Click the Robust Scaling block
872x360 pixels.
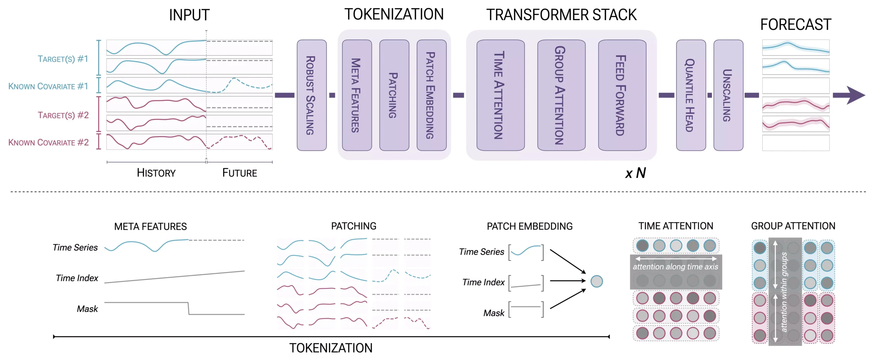pyautogui.click(x=311, y=95)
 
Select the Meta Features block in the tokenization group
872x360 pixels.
pyautogui.click(x=357, y=95)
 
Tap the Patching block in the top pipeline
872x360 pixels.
pyautogui.click(x=394, y=95)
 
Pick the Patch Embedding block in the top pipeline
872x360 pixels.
pyautogui.click(x=431, y=95)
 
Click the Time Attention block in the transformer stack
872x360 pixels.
pyautogui.click(x=500, y=95)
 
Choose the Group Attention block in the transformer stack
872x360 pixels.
pyautogui.click(x=561, y=95)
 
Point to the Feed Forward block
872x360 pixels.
pyautogui.click(x=622, y=95)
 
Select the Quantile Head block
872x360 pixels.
pyautogui.click(x=690, y=95)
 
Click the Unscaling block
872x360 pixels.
pyautogui.click(x=728, y=95)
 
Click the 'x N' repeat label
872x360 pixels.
pyautogui.click(x=636, y=173)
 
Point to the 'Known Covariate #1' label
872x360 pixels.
pyautogui.click(x=48, y=86)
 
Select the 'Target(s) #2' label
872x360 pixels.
pyautogui.click(x=63, y=115)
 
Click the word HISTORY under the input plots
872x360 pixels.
pyautogui.click(x=156, y=173)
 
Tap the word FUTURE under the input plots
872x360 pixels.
pyautogui.click(x=239, y=173)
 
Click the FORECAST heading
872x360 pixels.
pyautogui.click(x=796, y=25)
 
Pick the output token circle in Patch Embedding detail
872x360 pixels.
pyautogui.click(x=596, y=281)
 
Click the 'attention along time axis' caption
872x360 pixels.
pyautogui.click(x=675, y=267)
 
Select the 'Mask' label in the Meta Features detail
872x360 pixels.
pyautogui.click(x=87, y=309)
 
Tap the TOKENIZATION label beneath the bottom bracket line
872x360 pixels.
pyautogui.click(x=331, y=348)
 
